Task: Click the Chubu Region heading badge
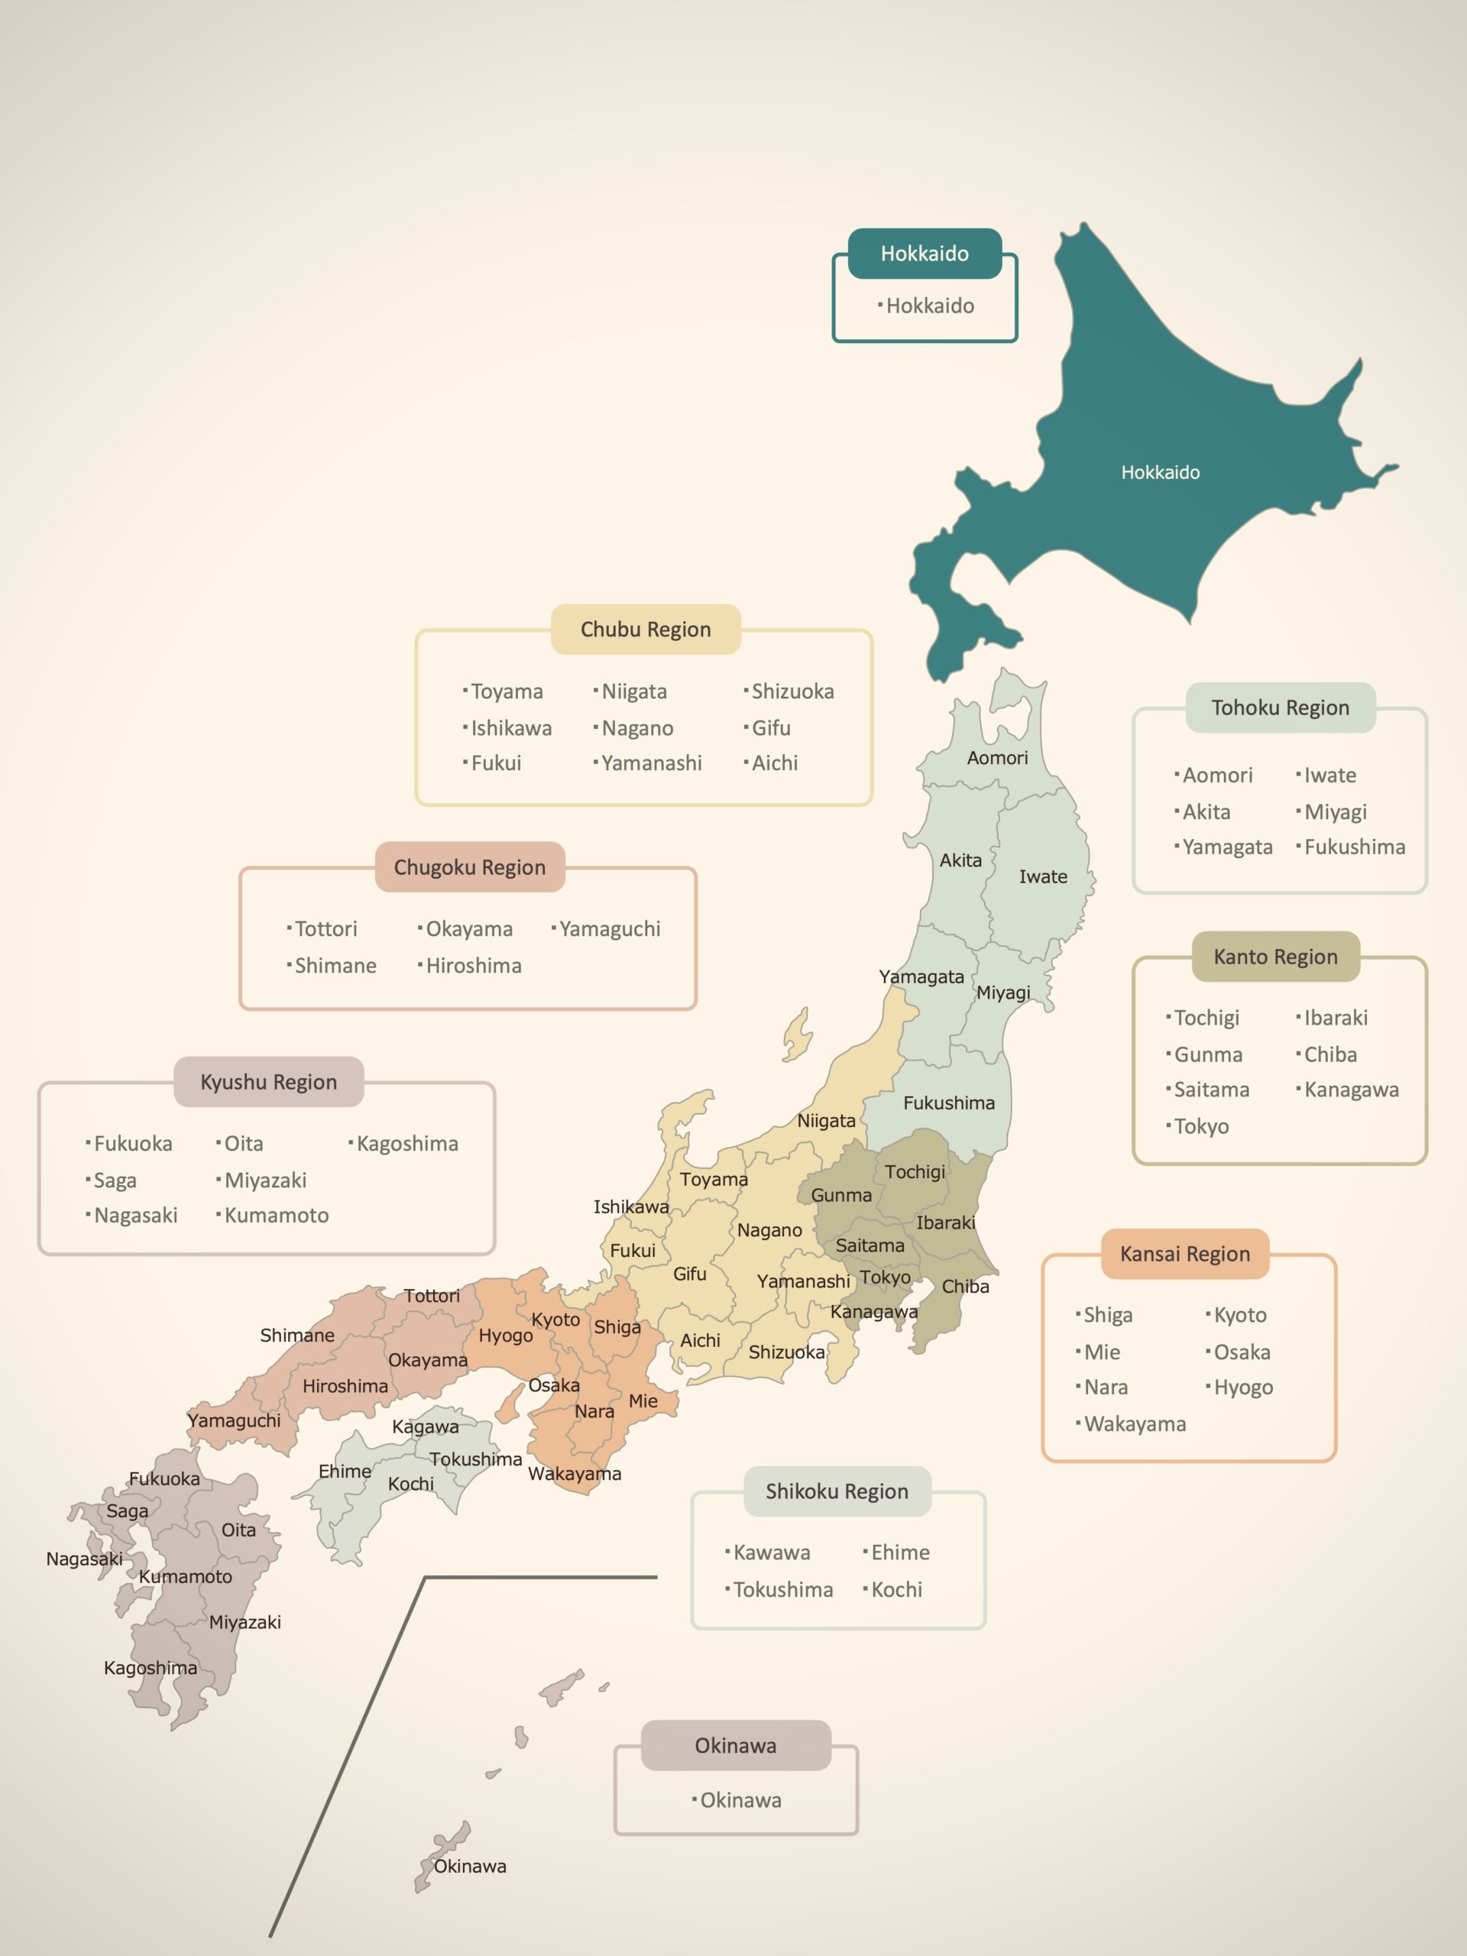point(646,630)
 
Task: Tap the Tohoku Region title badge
point(1280,708)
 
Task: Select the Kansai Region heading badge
point(1184,1254)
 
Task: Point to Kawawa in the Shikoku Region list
point(771,1552)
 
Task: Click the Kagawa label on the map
point(426,1427)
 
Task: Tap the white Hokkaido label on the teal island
point(1160,472)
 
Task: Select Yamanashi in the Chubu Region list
point(651,763)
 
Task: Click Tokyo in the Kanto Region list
point(1201,1126)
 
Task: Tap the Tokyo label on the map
point(885,1277)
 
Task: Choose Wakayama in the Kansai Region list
point(1135,1423)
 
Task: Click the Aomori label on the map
point(997,758)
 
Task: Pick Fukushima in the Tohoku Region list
point(1354,847)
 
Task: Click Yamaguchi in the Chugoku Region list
point(609,928)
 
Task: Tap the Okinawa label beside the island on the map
point(470,1866)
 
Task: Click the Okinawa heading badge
point(736,1746)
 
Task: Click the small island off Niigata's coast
point(798,1035)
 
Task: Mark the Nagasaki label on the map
point(84,1559)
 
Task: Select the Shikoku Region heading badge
point(837,1491)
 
